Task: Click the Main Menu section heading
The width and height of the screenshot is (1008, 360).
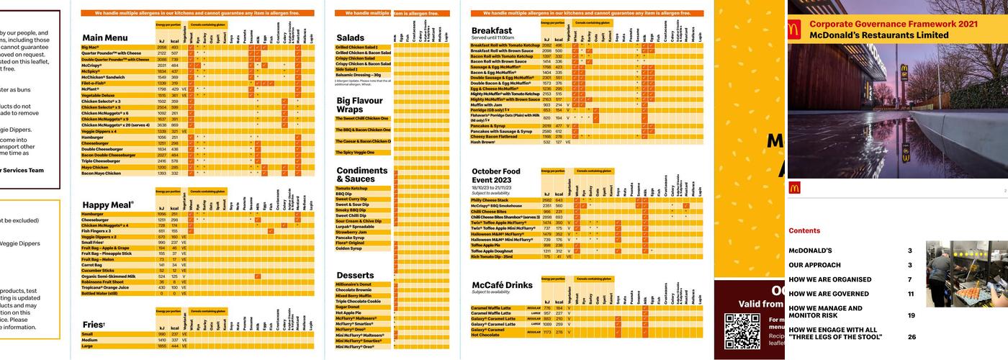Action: [x=104, y=37]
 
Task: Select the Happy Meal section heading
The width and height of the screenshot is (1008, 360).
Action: [x=108, y=205]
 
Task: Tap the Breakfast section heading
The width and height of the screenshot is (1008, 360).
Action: [x=492, y=30]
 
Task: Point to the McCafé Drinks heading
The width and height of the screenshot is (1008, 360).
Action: [x=502, y=285]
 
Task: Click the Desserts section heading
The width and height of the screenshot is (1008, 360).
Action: [x=355, y=275]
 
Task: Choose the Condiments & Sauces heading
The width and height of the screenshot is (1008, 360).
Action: [x=362, y=174]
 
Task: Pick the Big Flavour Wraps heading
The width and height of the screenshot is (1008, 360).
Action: [x=359, y=105]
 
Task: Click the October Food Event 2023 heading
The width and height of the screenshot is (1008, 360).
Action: [x=505, y=176]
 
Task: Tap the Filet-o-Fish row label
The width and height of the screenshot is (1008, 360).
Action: [x=94, y=83]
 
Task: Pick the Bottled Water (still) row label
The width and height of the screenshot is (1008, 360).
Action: [x=104, y=293]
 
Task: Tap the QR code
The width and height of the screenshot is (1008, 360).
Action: [x=742, y=331]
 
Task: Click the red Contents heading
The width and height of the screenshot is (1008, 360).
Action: [x=804, y=231]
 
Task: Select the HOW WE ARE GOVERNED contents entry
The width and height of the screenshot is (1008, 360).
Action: [x=828, y=294]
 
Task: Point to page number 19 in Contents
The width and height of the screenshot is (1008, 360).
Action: [x=911, y=315]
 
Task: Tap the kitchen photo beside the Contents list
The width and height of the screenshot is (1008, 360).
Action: [x=966, y=274]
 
